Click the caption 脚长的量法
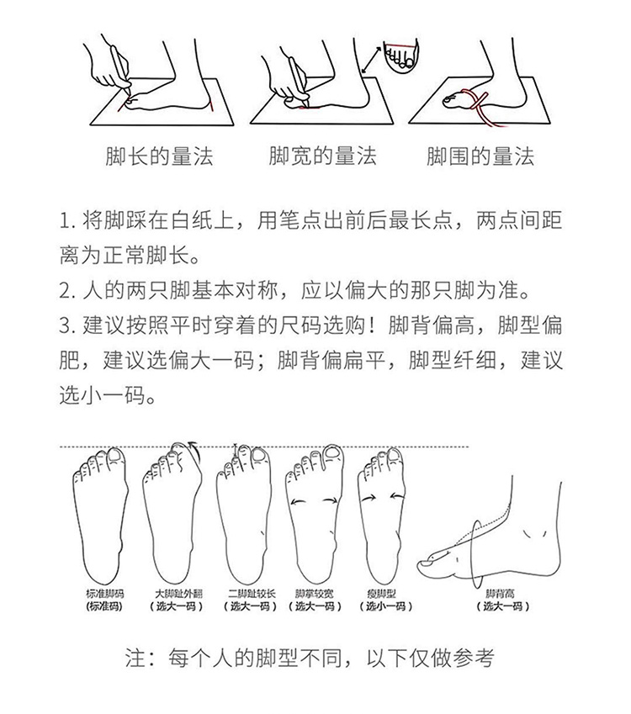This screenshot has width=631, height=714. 160,156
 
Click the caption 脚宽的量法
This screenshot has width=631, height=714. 322,156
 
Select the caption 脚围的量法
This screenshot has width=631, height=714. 480,156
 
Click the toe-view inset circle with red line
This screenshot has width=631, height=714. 400,56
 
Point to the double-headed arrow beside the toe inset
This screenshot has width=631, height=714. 371,60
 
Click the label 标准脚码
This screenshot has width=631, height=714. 105,594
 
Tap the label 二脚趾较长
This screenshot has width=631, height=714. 252,594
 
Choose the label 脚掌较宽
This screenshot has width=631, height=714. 315,594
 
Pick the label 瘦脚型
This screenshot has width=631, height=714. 382,594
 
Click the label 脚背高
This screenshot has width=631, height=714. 500,594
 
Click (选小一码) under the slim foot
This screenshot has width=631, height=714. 385,606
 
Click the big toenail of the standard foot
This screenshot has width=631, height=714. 116,456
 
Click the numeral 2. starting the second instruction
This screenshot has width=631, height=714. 67,290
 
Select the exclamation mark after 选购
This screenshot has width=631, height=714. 375,325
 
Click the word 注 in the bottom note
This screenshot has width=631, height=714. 135,658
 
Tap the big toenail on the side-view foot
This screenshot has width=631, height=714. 427,563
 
